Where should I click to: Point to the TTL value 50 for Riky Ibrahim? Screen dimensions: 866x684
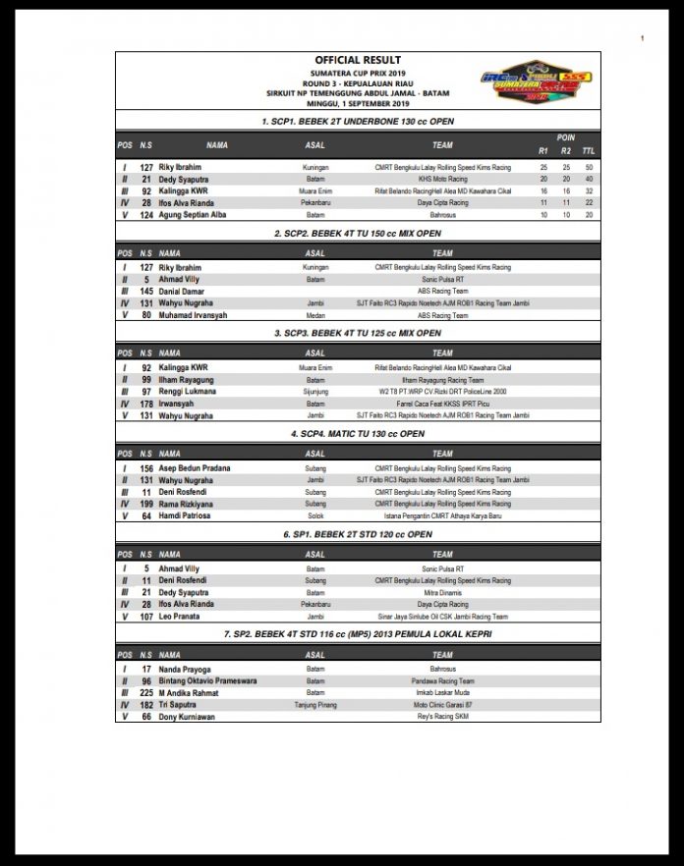tap(589, 168)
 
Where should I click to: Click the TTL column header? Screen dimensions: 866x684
tap(589, 151)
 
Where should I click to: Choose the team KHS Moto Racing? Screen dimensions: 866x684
tap(442, 180)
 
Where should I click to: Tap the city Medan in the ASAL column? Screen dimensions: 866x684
tap(315, 315)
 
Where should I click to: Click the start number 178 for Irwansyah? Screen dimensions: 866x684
tap(145, 404)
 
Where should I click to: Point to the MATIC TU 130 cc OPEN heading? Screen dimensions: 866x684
tap(358, 433)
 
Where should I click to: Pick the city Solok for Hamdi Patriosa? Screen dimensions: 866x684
tap(315, 515)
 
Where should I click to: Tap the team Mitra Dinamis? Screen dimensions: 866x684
tap(442, 593)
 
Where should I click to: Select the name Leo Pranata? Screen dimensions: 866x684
tap(179, 617)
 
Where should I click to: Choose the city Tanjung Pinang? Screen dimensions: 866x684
tap(315, 705)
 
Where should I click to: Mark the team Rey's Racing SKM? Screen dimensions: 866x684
tap(442, 717)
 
